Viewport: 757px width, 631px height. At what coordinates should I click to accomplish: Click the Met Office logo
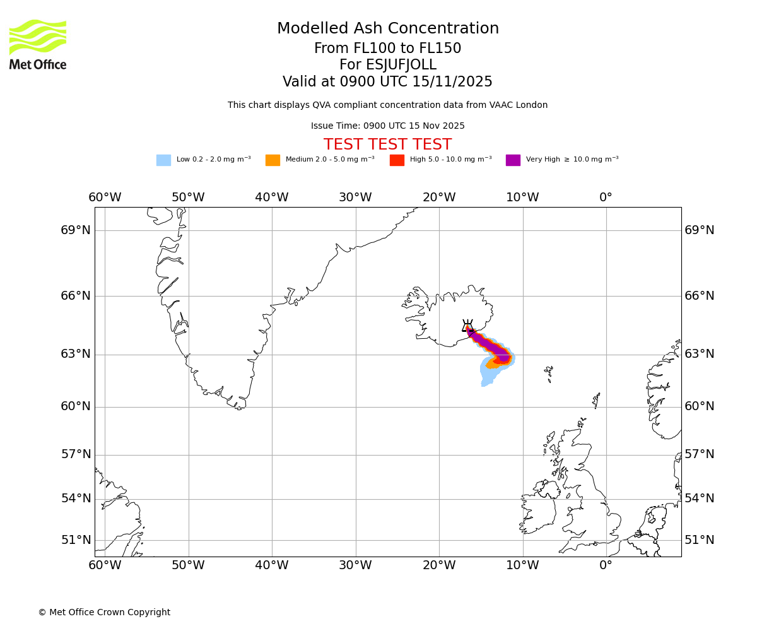[x=38, y=44]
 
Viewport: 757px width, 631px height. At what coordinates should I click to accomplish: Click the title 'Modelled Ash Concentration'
[x=388, y=28]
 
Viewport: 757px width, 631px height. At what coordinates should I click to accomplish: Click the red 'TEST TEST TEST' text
[x=387, y=144]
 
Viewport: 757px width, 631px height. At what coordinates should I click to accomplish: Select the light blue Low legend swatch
[x=163, y=160]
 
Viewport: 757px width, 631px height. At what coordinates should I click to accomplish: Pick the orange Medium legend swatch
[x=273, y=160]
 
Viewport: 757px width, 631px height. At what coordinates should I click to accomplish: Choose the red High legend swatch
[x=397, y=160]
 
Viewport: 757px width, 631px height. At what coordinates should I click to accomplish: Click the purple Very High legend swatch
[x=513, y=160]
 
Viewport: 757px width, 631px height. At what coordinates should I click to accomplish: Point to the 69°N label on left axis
[x=76, y=230]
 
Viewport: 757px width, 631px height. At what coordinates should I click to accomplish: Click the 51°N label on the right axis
[x=700, y=540]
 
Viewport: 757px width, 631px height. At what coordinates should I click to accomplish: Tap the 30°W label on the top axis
[x=355, y=198]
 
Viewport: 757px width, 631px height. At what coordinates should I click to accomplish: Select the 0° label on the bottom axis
[x=606, y=565]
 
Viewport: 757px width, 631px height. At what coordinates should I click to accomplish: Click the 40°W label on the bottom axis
[x=272, y=565]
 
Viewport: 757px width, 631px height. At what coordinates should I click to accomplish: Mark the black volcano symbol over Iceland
[x=467, y=326]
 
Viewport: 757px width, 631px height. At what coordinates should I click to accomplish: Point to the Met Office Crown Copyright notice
[x=104, y=612]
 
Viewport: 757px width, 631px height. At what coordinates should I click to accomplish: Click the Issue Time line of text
[x=387, y=126]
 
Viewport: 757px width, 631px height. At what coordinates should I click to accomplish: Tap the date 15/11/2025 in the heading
[x=452, y=82]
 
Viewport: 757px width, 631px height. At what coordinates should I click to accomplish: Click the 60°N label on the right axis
[x=700, y=406]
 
